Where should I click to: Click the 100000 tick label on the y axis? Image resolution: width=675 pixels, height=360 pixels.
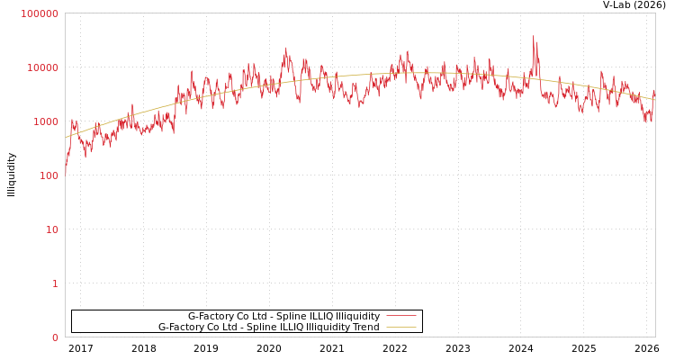pyautogui.click(x=40, y=13)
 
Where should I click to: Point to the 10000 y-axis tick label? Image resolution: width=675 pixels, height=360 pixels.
pyautogui.click(x=42, y=67)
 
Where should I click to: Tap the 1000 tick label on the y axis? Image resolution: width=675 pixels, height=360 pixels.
pyautogui.click(x=45, y=121)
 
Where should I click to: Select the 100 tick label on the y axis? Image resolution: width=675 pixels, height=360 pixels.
pyautogui.click(x=49, y=175)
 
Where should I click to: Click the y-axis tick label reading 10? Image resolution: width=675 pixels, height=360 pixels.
pyautogui.click(x=51, y=229)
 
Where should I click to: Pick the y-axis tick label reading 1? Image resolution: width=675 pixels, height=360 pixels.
pyautogui.click(x=55, y=283)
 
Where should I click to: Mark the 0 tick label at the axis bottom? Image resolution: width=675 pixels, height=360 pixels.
pyautogui.click(x=55, y=337)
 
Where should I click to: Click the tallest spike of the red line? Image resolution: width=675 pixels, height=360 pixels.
pyautogui.click(x=533, y=37)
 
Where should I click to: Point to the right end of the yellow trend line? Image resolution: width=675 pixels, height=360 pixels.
pyautogui.click(x=654, y=99)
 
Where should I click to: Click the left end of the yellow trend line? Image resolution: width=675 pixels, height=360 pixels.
pyautogui.click(x=66, y=138)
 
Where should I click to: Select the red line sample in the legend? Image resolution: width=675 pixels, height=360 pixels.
pyautogui.click(x=401, y=316)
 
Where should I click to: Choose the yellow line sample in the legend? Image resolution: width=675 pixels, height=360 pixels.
pyautogui.click(x=401, y=327)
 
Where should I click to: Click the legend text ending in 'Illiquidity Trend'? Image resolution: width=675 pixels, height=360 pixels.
pyautogui.click(x=268, y=327)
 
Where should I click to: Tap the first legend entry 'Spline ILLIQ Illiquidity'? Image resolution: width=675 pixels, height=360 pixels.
pyautogui.click(x=283, y=316)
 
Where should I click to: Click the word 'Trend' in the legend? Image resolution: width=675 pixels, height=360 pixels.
pyautogui.click(x=365, y=327)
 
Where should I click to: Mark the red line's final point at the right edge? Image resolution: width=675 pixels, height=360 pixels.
pyautogui.click(x=654, y=90)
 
